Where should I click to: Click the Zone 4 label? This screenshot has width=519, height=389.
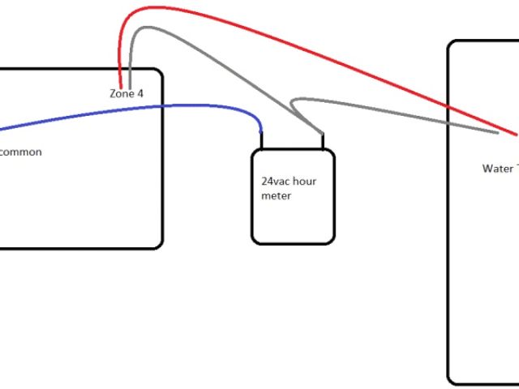point(127,94)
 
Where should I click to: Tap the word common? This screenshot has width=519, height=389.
point(20,152)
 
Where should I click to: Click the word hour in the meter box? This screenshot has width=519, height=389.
point(305,182)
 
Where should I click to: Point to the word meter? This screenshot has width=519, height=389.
point(277,195)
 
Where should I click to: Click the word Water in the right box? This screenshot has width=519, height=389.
point(497,169)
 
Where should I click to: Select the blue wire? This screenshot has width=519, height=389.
point(162,106)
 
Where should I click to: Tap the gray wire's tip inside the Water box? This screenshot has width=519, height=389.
point(496,133)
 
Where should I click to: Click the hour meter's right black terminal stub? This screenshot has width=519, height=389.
point(323,142)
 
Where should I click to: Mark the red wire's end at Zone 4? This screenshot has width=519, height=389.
point(121,86)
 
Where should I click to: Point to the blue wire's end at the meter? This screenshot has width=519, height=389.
point(261,131)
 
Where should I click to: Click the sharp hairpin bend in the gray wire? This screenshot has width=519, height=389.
point(294,102)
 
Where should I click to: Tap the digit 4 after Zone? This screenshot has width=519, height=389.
point(140,94)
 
